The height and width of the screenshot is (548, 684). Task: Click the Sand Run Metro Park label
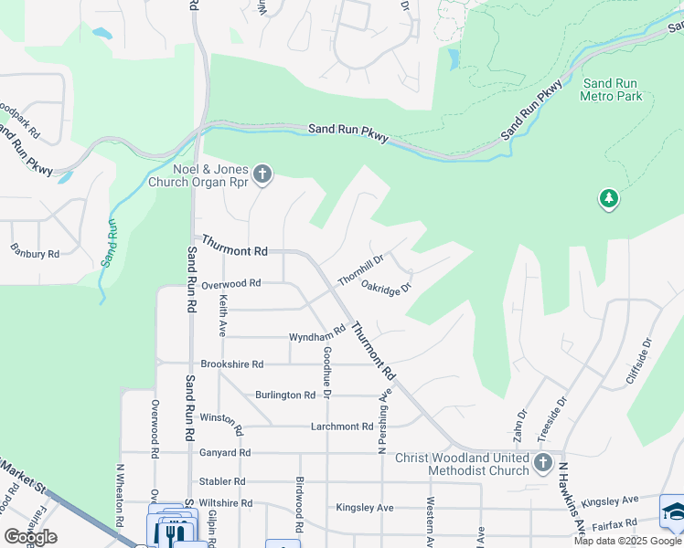pyautogui.click(x=612, y=90)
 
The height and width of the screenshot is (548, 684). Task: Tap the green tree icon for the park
pyautogui.click(x=609, y=198)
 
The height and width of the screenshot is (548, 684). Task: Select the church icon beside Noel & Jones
pyautogui.click(x=262, y=174)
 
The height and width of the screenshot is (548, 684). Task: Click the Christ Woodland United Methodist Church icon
pyautogui.click(x=544, y=463)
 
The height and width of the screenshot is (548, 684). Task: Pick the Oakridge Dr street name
pyautogui.click(x=386, y=286)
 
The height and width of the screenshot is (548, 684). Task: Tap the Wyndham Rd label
pyautogui.click(x=316, y=336)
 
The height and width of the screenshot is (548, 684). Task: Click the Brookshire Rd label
pyautogui.click(x=232, y=364)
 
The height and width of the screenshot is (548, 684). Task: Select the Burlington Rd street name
pyautogui.click(x=285, y=395)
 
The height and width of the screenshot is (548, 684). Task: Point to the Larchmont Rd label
pyautogui.click(x=342, y=426)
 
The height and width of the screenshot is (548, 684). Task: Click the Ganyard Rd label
pyautogui.click(x=225, y=452)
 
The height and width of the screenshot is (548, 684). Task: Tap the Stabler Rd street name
pyautogui.click(x=222, y=480)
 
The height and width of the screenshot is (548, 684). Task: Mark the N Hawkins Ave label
pyautogui.click(x=572, y=497)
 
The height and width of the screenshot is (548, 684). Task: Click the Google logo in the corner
pyautogui.click(x=30, y=537)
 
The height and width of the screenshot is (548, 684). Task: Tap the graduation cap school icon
pyautogui.click(x=673, y=511)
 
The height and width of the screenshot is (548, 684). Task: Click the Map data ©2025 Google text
pyautogui.click(x=627, y=541)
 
